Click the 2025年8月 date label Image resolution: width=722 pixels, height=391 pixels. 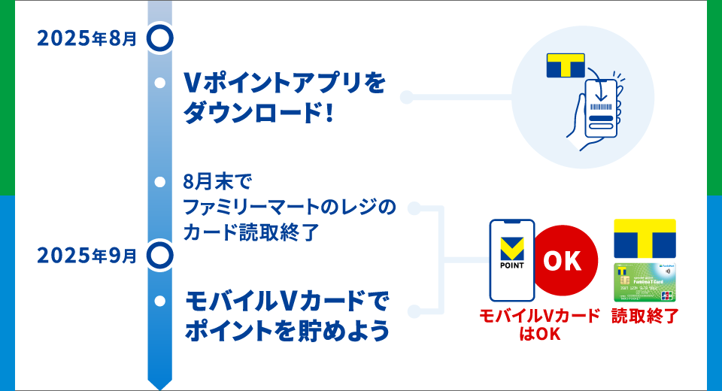[87, 38]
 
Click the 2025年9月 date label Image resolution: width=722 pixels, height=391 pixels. [87, 256]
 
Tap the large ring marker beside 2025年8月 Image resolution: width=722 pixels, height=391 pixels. [159, 37]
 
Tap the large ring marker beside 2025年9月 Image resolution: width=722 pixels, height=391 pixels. [159, 255]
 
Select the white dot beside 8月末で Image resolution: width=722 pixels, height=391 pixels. [159, 182]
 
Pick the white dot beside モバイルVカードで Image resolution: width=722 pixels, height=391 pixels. [159, 301]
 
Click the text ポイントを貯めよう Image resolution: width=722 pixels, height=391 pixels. [287, 330]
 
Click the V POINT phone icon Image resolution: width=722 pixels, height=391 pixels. [511, 260]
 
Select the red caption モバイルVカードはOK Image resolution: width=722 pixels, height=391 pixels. [539, 324]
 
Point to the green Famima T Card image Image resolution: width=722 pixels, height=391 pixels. [645, 283]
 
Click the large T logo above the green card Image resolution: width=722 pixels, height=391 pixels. [645, 238]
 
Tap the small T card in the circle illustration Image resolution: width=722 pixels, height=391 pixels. [565, 65]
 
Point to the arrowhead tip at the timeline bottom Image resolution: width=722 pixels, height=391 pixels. [159, 386]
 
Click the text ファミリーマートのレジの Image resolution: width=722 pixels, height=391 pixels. [289, 207]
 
